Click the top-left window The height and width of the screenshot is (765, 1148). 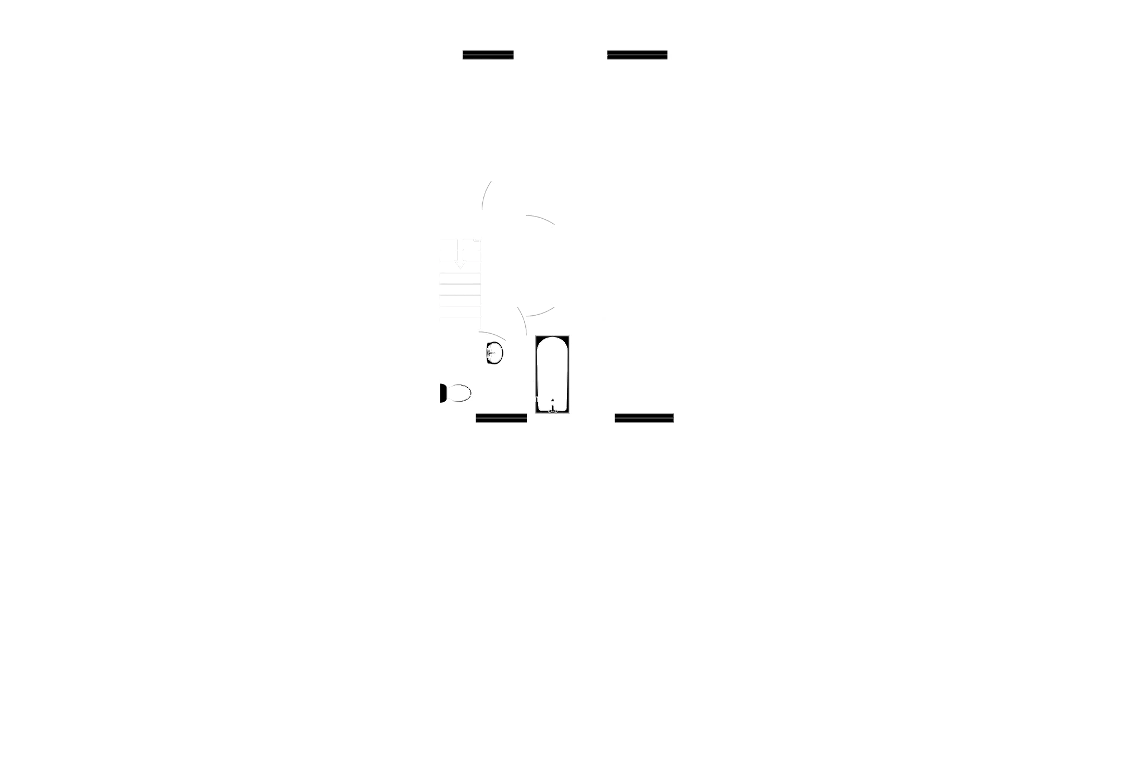point(488,56)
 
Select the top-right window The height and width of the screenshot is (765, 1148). point(637,56)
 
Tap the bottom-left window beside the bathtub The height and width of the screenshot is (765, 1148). point(501,417)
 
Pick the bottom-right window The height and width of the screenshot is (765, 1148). point(644,417)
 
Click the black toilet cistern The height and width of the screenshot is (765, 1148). point(443,393)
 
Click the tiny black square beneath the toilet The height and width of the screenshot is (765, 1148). point(449,403)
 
